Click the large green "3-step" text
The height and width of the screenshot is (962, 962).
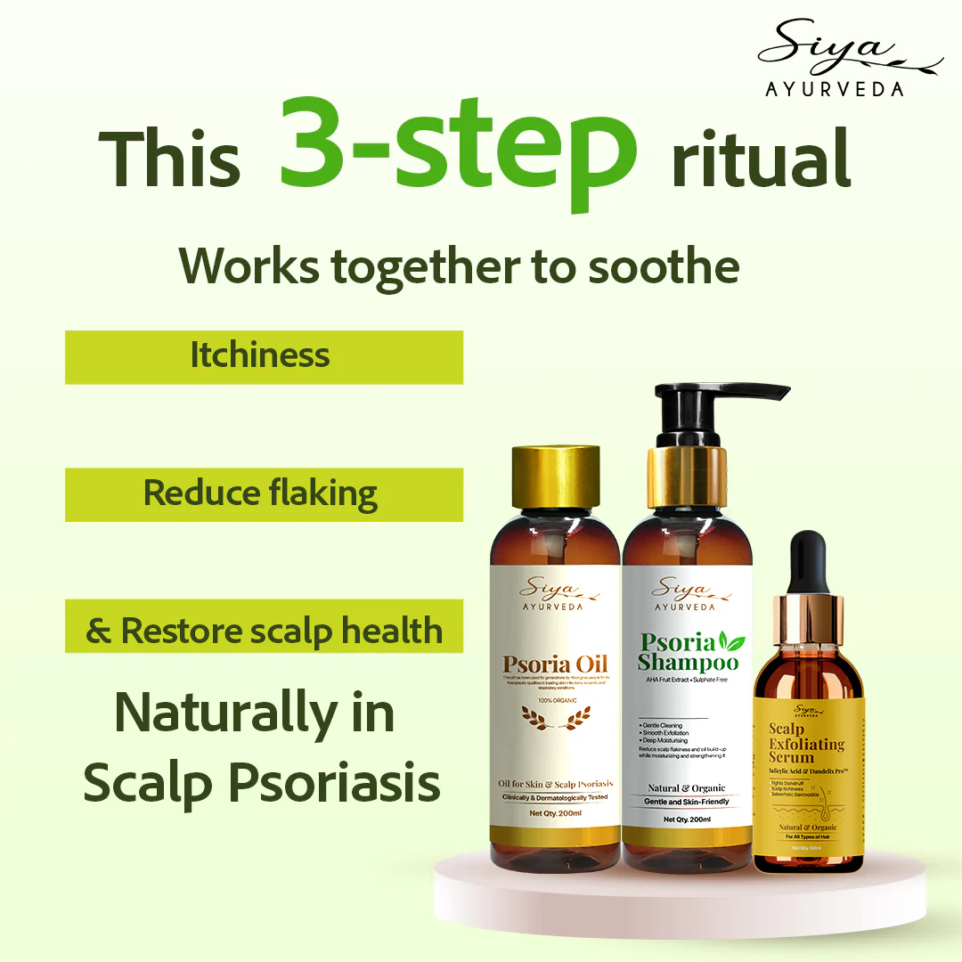(x=458, y=147)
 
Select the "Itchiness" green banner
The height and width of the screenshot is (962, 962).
(x=264, y=357)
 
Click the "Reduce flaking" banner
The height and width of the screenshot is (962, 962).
(x=264, y=494)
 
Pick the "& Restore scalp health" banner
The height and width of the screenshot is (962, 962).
(x=264, y=631)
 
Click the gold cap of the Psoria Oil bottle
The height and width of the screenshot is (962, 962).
(x=554, y=476)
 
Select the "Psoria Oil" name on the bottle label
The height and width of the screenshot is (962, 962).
(x=554, y=664)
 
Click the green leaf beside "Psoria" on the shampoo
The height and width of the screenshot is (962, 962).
(x=734, y=640)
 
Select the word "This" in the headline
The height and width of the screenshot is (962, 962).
(x=169, y=160)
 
